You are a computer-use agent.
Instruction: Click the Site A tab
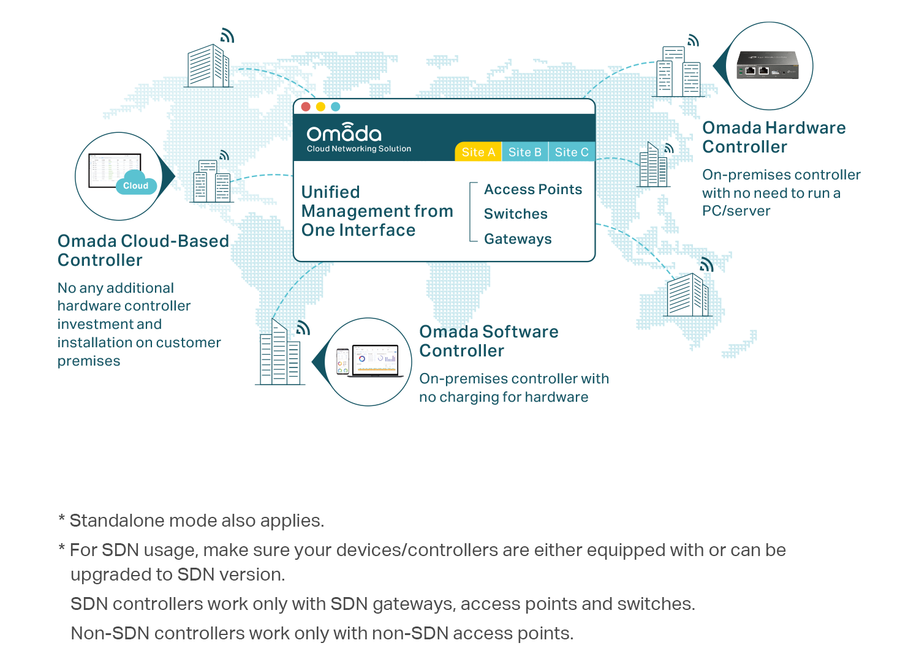click(478, 152)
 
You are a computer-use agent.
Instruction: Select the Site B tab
click(524, 152)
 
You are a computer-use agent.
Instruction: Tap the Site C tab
click(571, 152)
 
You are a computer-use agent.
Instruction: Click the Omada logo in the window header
click(344, 133)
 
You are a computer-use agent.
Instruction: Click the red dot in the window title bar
click(306, 107)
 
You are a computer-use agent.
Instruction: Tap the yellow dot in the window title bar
click(320, 107)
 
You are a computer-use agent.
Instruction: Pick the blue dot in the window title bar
click(335, 107)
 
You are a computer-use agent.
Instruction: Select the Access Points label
click(532, 190)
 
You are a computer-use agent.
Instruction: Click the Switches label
click(515, 214)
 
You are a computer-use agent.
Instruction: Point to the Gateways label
click(518, 239)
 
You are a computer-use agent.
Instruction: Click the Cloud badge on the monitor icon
click(135, 186)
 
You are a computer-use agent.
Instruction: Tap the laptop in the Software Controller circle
click(375, 361)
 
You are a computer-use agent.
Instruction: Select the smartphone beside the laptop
click(342, 362)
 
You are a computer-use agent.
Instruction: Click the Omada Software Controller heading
click(488, 341)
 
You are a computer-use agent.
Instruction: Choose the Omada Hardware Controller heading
click(773, 137)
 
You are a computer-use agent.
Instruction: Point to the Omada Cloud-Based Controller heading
click(143, 250)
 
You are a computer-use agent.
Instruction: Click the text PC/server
click(736, 211)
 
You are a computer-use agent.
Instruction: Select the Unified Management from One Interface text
click(377, 211)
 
